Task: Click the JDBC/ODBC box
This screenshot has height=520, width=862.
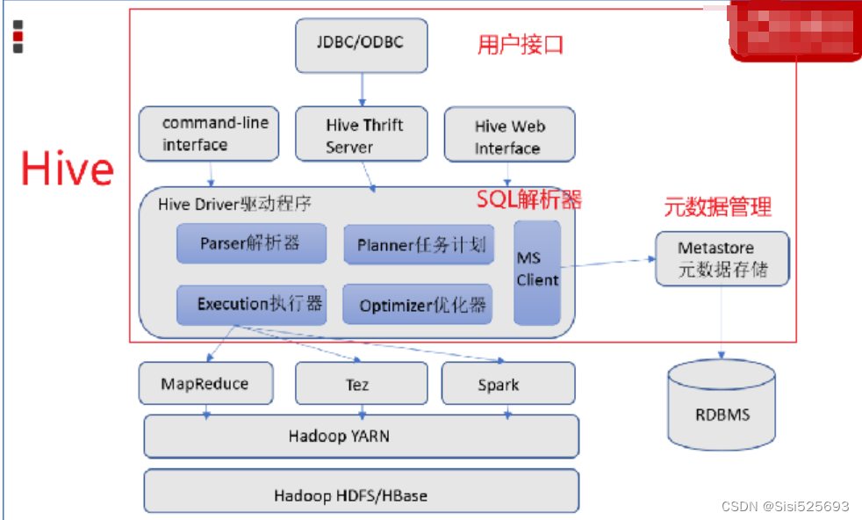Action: point(361,46)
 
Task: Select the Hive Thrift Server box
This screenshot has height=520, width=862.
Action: point(361,135)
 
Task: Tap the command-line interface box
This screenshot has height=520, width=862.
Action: point(208,134)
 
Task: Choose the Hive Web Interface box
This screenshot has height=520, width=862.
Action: point(509,135)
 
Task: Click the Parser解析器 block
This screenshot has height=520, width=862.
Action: point(251,243)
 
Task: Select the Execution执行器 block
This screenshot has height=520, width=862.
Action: point(251,305)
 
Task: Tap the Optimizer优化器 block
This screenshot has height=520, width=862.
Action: point(417,306)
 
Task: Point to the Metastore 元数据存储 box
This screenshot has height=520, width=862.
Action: point(722,259)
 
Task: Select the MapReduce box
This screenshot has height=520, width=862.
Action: point(205,384)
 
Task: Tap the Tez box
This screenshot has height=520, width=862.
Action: point(361,384)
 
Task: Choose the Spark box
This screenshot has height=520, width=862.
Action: point(507,384)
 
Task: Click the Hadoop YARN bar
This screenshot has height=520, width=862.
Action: point(361,436)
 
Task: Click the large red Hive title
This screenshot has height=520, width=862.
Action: point(68,169)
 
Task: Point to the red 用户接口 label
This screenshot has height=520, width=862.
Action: point(520,45)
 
